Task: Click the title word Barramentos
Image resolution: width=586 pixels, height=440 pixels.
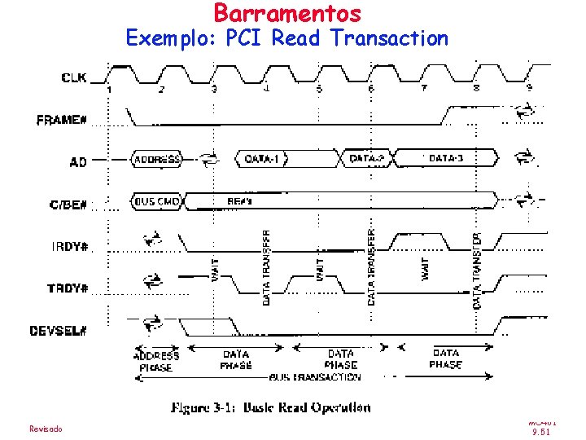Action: [287, 13]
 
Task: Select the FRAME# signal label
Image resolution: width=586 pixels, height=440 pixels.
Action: [62, 121]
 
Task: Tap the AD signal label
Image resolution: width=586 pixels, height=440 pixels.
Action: [77, 162]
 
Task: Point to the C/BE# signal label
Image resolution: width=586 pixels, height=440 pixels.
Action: [68, 204]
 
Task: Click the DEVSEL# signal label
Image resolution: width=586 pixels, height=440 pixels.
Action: [59, 330]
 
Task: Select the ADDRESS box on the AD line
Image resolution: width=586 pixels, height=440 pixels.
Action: [157, 159]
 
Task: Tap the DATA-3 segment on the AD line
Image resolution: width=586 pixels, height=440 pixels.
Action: [445, 158]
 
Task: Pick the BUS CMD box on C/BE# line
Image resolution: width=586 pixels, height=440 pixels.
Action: [158, 200]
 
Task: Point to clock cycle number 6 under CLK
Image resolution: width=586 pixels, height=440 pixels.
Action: [370, 88]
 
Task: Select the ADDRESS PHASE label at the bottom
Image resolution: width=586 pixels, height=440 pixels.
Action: [155, 362]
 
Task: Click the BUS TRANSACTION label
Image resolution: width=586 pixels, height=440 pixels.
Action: [314, 377]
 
